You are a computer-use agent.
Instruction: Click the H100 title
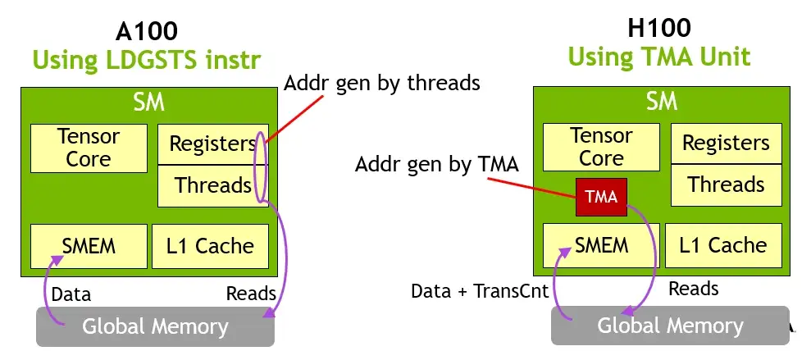point(659,29)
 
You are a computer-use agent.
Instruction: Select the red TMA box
point(601,197)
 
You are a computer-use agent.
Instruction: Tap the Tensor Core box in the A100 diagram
point(89,148)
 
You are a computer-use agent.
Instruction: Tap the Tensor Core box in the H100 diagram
point(602,147)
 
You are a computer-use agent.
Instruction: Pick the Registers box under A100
point(212,144)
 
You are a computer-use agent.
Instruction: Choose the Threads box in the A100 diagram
point(212,185)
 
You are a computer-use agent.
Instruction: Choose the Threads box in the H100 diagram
point(726,185)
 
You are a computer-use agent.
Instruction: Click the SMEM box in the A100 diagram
point(89,245)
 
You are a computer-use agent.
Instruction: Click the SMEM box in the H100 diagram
point(602,245)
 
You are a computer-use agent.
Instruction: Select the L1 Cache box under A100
point(210,245)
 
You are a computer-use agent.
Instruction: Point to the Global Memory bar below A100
point(155,326)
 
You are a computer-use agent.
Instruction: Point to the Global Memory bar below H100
point(669,326)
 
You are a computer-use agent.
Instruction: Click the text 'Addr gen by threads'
point(381,83)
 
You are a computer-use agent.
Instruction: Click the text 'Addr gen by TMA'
point(437,164)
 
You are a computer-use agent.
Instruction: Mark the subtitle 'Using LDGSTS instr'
point(146,60)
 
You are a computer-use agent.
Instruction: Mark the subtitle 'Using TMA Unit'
point(659,57)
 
